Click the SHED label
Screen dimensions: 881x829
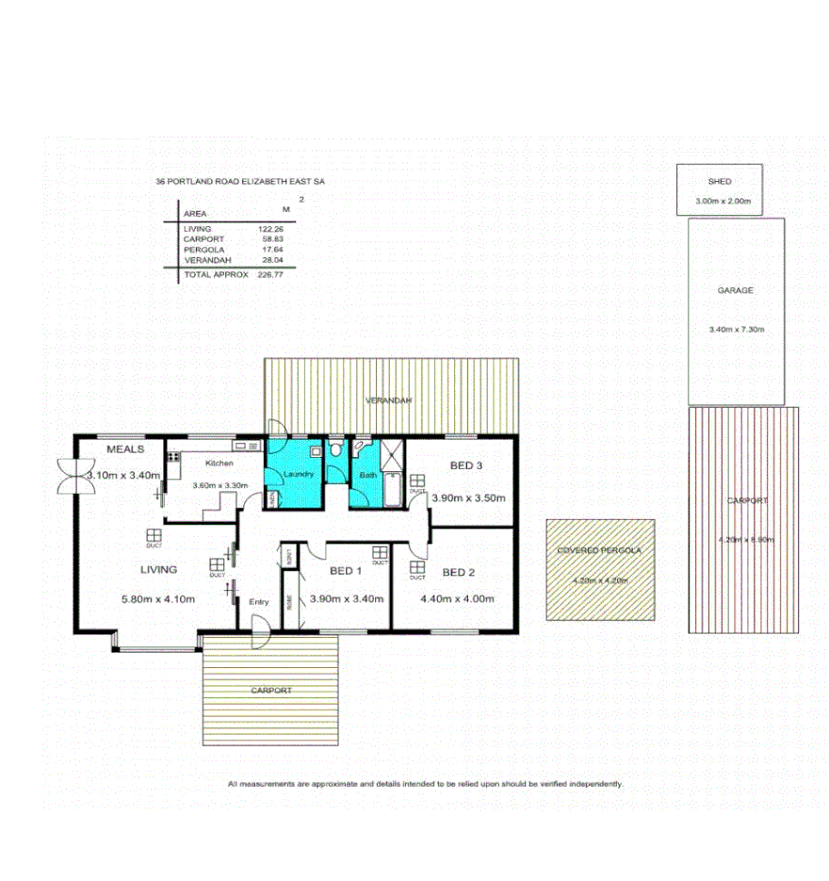(720, 181)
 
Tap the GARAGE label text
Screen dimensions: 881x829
(735, 291)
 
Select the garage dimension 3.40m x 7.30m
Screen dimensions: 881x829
(736, 329)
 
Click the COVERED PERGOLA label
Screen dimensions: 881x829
(599, 550)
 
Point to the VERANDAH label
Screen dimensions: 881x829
(390, 401)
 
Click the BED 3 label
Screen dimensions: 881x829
(466, 465)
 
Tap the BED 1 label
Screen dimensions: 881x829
(346, 571)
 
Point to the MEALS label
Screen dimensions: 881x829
(124, 449)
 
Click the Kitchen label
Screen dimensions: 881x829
(219, 464)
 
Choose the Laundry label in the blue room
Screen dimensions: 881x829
(298, 474)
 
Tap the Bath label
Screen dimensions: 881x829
(366, 475)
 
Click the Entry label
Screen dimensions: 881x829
(259, 601)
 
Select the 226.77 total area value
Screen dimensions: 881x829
(270, 274)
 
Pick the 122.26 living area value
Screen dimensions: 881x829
(270, 229)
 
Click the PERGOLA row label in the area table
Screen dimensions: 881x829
(203, 250)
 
